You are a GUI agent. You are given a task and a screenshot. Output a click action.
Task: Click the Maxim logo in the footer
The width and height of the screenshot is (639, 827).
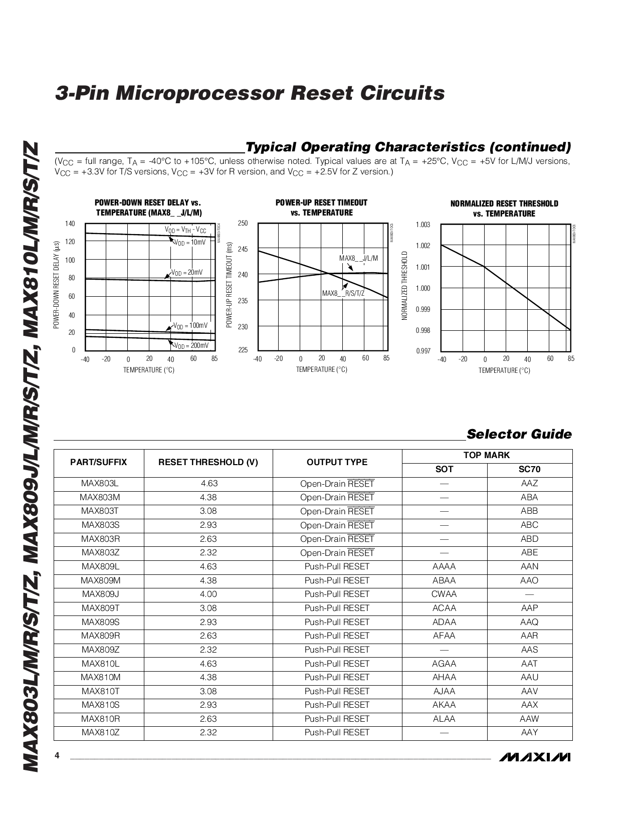click(x=534, y=756)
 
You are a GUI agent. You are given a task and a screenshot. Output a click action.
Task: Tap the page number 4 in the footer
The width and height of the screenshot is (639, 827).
click(x=57, y=755)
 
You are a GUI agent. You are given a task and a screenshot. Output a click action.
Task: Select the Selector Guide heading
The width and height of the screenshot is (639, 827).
click(x=519, y=434)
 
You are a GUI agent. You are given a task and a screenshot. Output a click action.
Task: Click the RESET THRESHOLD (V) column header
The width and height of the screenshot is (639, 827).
click(x=208, y=462)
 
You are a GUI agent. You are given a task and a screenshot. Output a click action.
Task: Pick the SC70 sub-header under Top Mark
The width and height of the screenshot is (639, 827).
click(x=529, y=470)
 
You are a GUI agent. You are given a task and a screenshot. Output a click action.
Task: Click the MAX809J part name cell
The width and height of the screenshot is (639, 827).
click(x=100, y=594)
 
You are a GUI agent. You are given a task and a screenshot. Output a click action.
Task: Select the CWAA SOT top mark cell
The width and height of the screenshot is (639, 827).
click(x=444, y=594)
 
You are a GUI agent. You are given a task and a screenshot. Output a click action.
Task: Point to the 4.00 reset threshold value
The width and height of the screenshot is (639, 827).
click(x=208, y=594)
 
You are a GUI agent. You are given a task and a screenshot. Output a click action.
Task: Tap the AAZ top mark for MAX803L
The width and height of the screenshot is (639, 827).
click(x=529, y=484)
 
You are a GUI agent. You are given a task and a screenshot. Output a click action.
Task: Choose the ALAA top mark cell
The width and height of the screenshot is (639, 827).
click(x=444, y=719)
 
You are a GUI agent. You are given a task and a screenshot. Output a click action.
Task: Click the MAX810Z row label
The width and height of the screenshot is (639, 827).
click(x=100, y=732)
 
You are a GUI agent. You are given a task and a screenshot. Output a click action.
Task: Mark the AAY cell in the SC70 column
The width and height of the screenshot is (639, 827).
click(x=529, y=732)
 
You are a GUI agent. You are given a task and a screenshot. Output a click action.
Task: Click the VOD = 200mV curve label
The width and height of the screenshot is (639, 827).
click(x=191, y=346)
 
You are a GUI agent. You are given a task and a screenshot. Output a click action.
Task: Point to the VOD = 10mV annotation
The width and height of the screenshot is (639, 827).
click(x=190, y=243)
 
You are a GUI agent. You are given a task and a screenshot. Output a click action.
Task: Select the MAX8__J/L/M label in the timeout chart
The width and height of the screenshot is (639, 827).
click(x=358, y=258)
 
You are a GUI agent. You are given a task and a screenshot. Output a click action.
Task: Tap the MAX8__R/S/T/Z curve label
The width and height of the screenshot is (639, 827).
click(x=343, y=293)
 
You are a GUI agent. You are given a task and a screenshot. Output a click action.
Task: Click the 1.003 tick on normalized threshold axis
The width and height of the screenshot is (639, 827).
click(x=423, y=225)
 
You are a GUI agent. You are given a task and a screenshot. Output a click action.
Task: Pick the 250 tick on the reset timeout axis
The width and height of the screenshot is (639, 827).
click(x=243, y=224)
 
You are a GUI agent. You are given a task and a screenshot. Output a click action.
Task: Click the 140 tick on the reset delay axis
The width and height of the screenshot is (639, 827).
click(x=70, y=224)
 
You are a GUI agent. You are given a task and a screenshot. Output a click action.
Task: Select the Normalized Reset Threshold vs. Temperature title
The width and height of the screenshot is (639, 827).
click(x=504, y=209)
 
